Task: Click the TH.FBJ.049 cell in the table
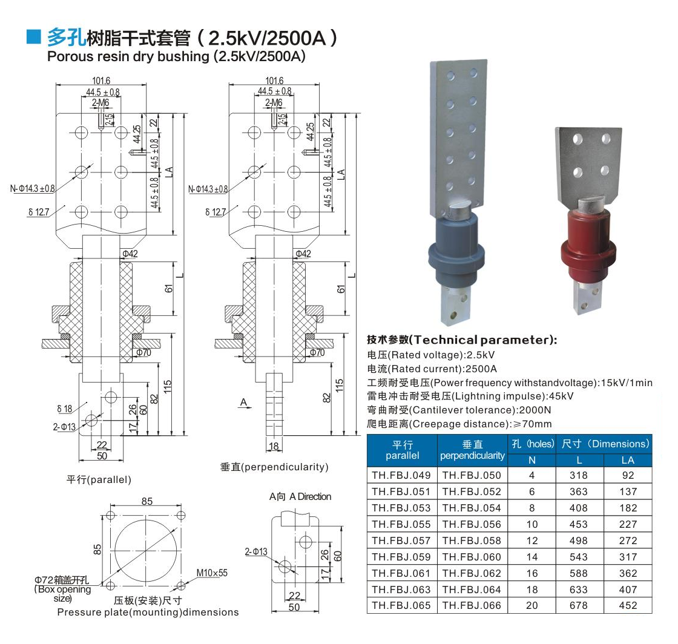click(401, 475)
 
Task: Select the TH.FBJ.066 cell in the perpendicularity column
click(472, 605)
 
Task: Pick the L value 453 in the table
click(579, 524)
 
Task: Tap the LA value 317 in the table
click(628, 557)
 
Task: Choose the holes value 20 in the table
click(532, 605)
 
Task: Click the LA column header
click(628, 460)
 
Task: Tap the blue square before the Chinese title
click(34, 38)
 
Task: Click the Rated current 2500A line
click(432, 369)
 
